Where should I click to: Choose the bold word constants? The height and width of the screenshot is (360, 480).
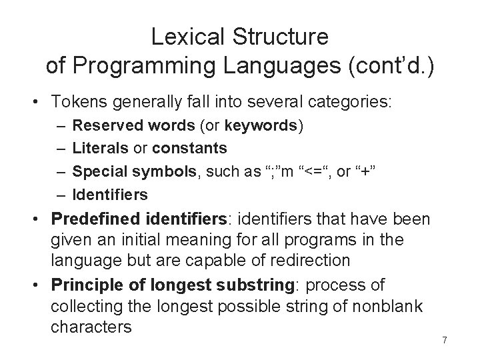[x=190, y=148]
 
